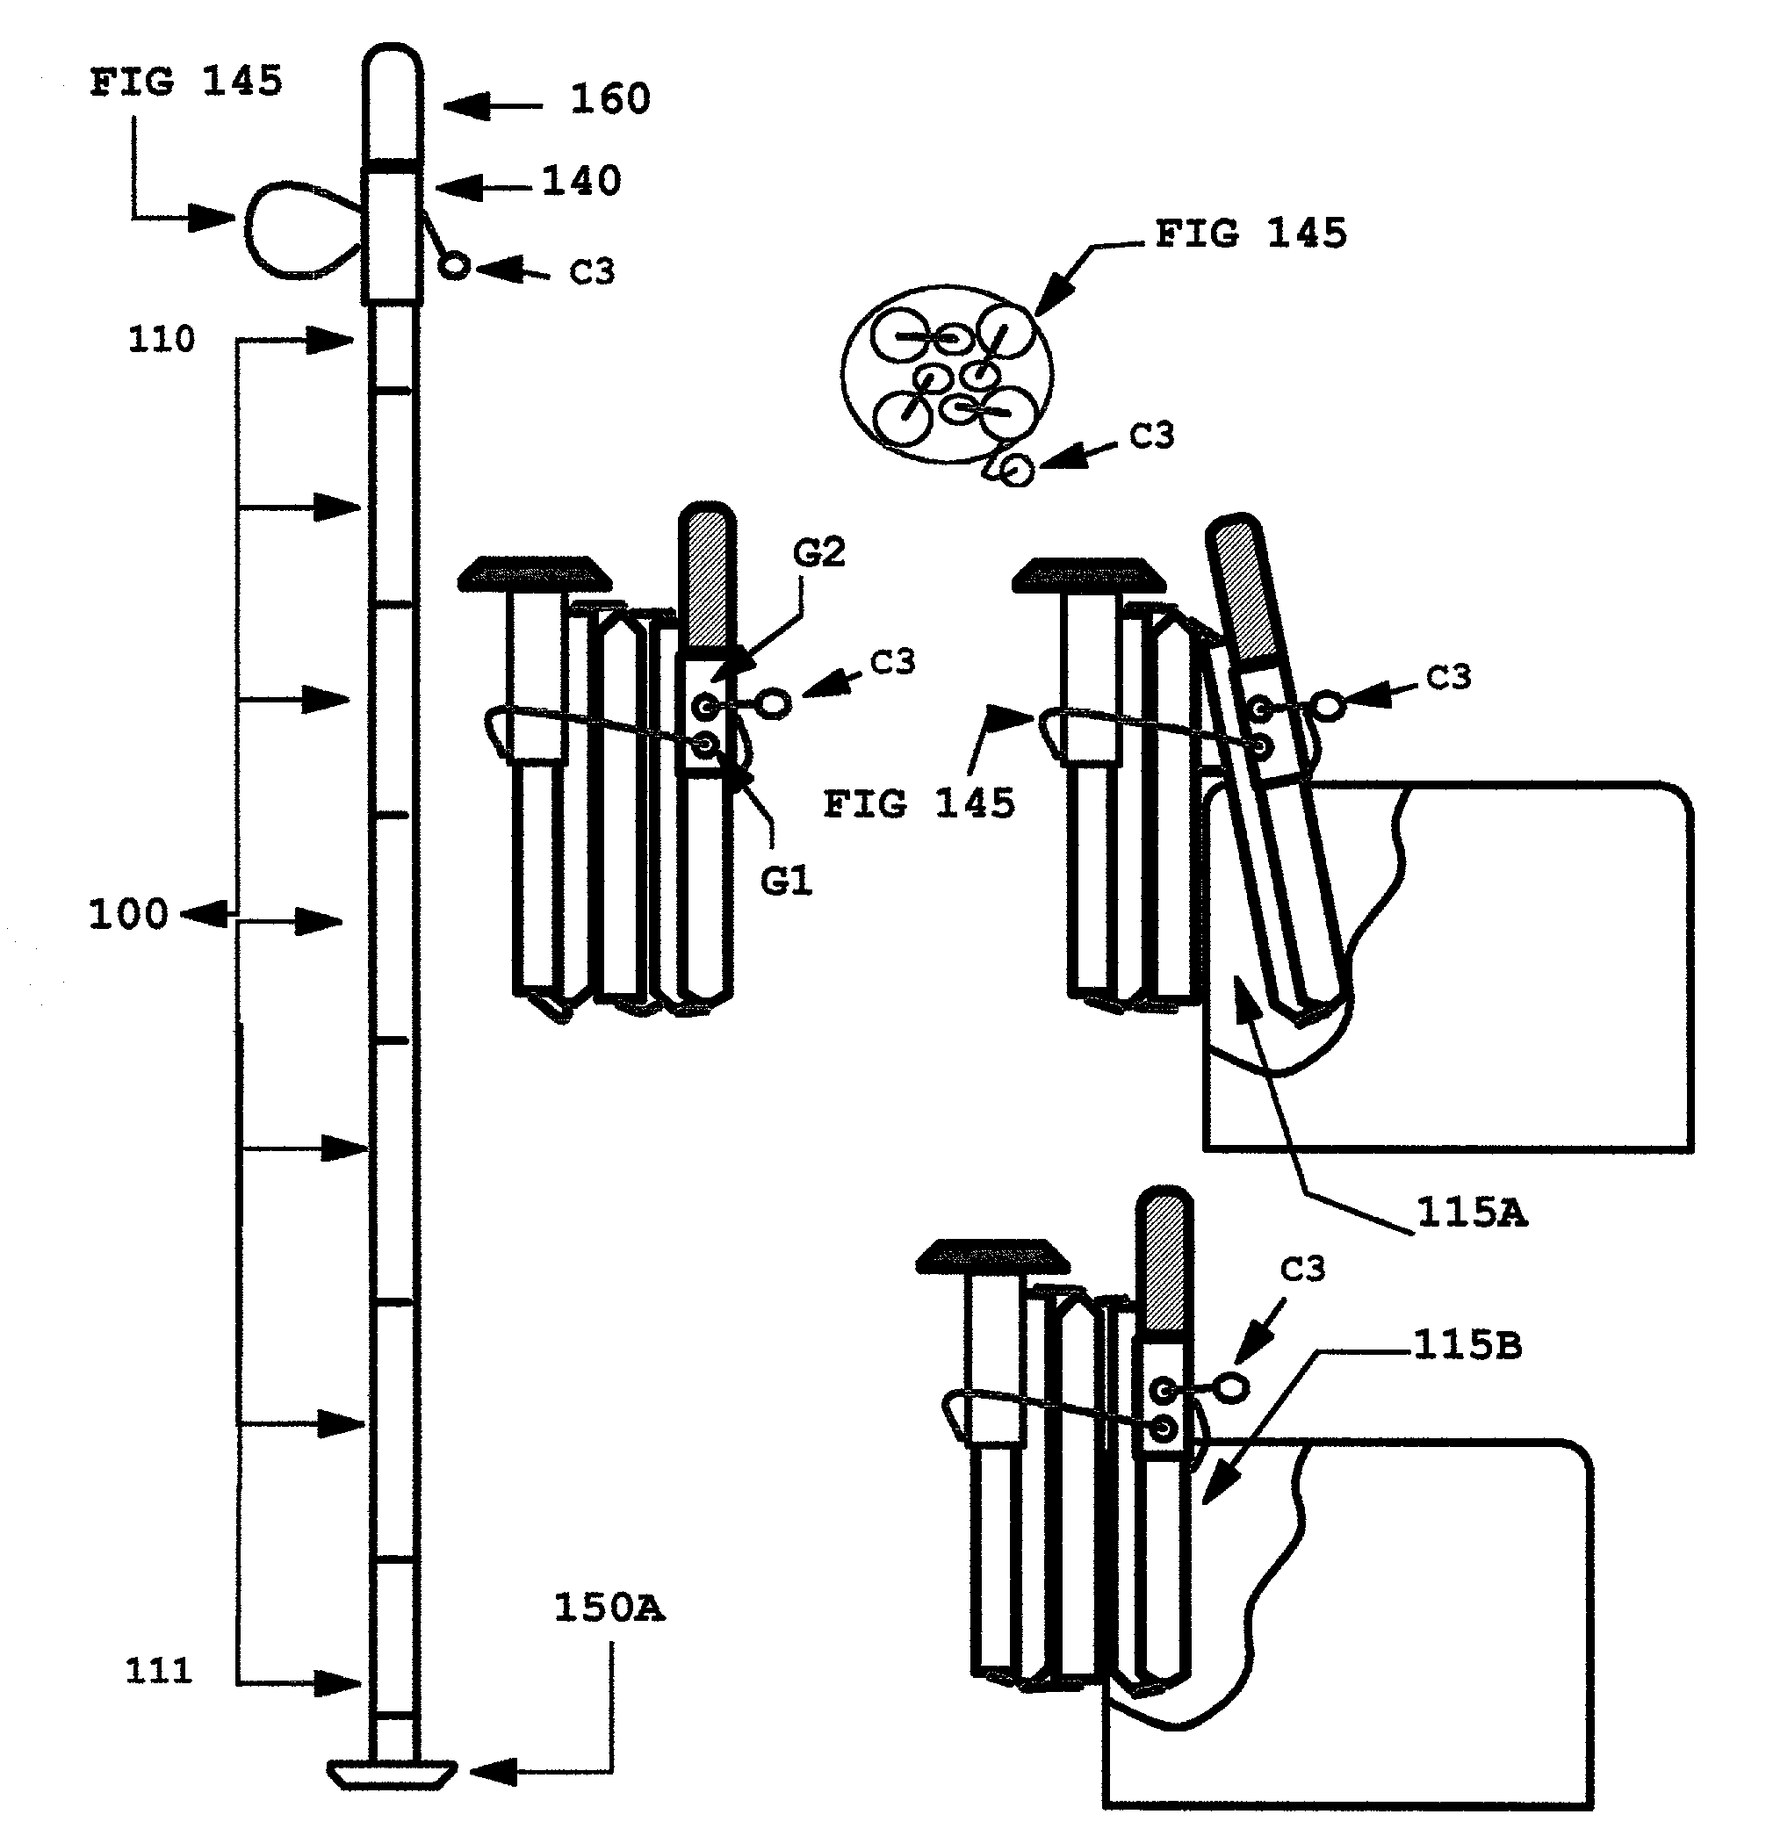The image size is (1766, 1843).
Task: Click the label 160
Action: point(609,98)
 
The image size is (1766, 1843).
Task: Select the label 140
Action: point(581,181)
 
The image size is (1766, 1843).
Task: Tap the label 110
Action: point(162,340)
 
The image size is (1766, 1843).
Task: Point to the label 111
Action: point(159,1671)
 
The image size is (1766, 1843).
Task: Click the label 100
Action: point(128,914)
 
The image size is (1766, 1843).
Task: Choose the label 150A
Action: point(609,1608)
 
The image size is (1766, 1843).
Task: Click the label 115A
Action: point(1472,1213)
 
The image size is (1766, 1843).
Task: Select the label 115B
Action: point(1467,1345)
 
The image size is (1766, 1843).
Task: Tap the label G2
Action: point(819,553)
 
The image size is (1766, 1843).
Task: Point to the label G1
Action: point(786,882)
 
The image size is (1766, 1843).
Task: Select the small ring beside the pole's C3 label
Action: point(454,267)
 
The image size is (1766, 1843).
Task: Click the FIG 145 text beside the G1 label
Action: point(919,805)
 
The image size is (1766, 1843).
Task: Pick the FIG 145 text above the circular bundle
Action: point(1251,234)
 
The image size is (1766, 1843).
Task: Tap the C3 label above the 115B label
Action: point(1302,1270)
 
